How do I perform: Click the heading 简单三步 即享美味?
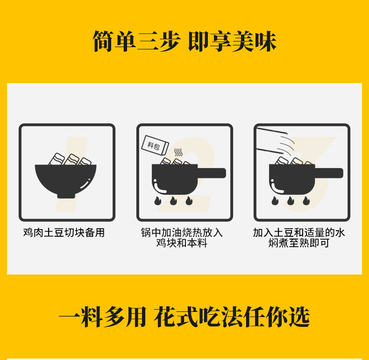pos(184,41)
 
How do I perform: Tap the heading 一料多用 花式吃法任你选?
pos(184,317)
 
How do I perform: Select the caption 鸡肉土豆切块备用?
pos(64,233)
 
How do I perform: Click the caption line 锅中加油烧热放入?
pos(182,233)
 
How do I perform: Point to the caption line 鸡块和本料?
pos(182,243)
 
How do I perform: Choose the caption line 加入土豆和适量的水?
pos(299,233)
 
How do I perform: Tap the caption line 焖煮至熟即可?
pos(299,243)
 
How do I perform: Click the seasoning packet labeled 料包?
pos(155,146)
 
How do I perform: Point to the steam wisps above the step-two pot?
pos(178,153)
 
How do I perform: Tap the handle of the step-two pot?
pos(212,173)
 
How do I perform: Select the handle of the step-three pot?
pos(329,173)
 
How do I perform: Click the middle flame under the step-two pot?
pos(173,201)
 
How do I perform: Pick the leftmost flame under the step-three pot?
pos(275,201)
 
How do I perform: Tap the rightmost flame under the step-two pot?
pos(189,201)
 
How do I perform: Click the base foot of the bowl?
pos(66,196)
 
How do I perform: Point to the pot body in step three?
pos(292,179)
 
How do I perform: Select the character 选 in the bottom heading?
pos(299,317)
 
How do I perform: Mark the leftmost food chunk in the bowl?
pos(57,159)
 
